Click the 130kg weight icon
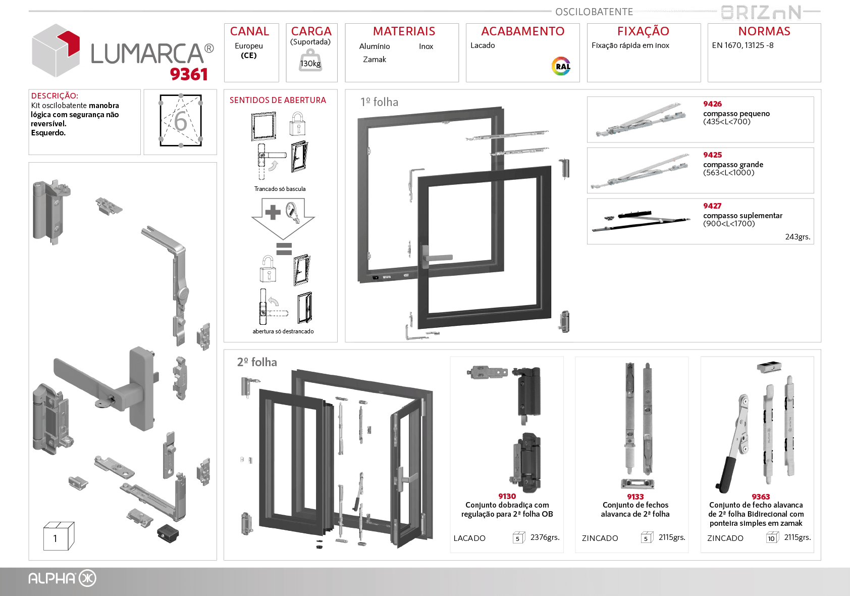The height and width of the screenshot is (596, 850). point(310,61)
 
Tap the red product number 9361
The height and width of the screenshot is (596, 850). point(189,74)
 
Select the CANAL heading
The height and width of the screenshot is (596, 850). point(249,31)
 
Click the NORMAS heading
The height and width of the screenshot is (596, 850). point(764,31)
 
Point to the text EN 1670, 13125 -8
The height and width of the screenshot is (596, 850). point(742,45)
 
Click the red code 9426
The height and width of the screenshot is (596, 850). point(712,104)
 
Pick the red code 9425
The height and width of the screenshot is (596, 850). point(712,155)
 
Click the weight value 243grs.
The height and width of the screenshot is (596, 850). point(798,237)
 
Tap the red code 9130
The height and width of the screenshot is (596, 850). point(507,496)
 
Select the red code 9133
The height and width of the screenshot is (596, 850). point(635,497)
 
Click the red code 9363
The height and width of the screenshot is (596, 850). point(760,497)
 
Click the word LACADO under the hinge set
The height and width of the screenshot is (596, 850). point(469,538)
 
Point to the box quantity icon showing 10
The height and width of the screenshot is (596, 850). point(771,538)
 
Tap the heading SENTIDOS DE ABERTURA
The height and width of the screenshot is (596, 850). point(278,101)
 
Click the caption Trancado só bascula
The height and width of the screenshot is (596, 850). point(280,189)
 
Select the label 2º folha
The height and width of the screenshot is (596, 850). point(257,362)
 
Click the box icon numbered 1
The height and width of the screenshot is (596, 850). point(59,536)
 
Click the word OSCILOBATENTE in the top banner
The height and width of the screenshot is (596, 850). point(594,12)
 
